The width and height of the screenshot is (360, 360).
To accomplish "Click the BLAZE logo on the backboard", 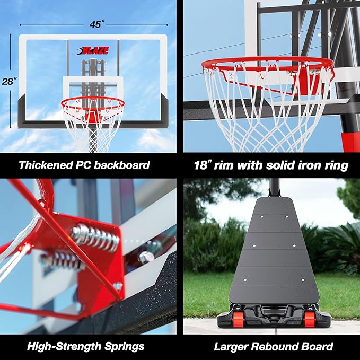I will pyautogui.click(x=93, y=51).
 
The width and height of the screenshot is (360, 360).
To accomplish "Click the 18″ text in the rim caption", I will pyautogui.click(x=203, y=165).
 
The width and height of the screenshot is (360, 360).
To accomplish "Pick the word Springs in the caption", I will pyautogui.click(x=122, y=347).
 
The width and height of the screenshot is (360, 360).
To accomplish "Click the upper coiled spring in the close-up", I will pyautogui.click(x=96, y=238).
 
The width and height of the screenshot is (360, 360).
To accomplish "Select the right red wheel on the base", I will pyautogui.click(x=310, y=318).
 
